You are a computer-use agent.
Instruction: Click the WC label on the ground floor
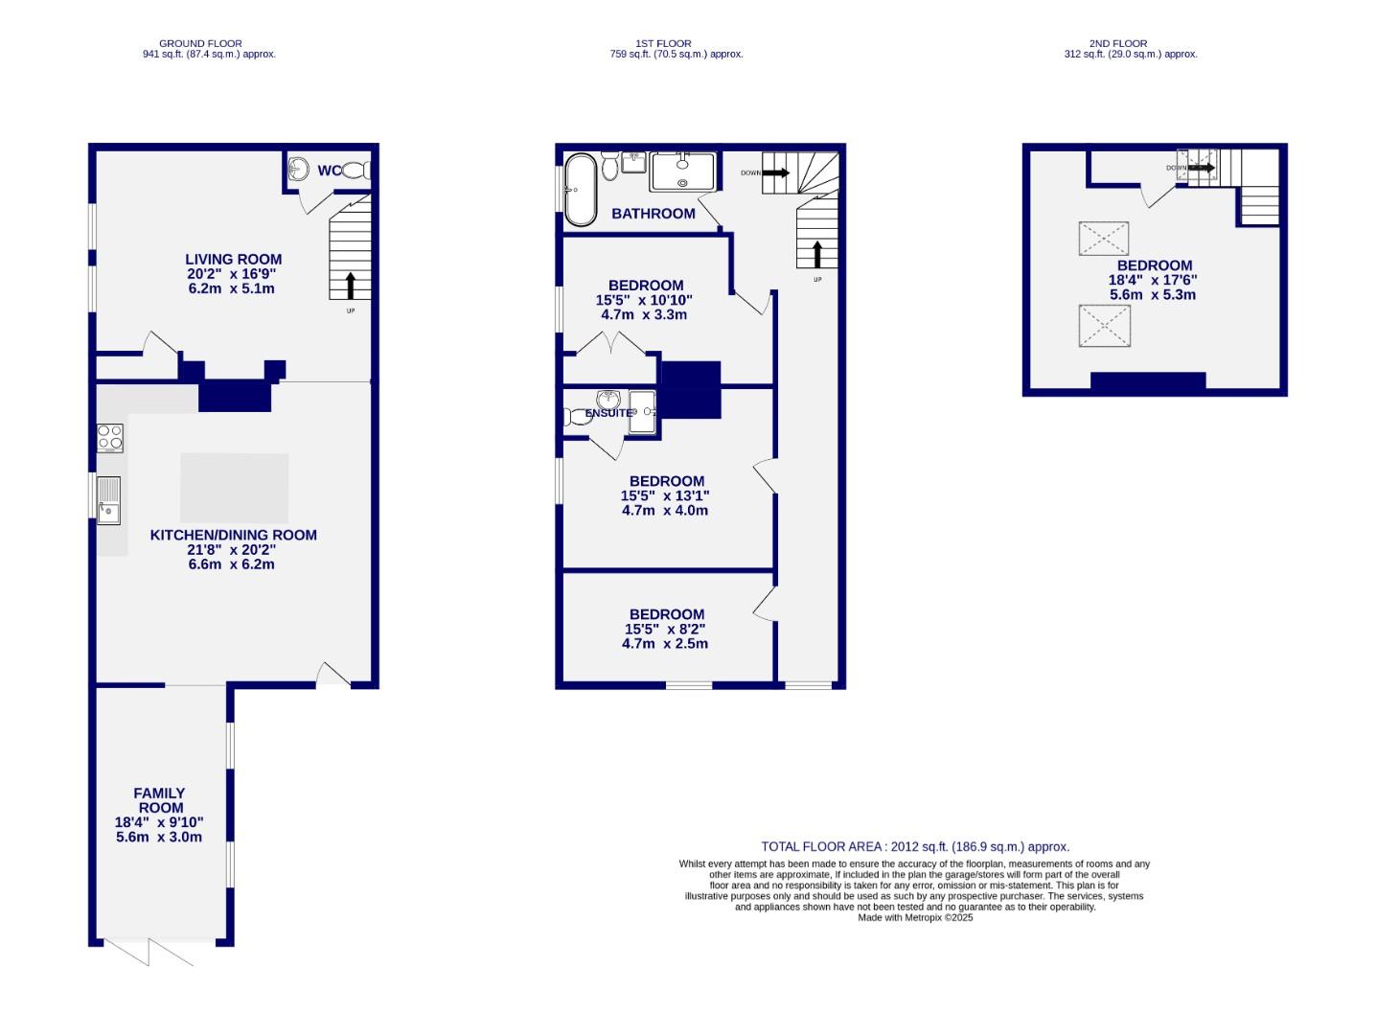click(329, 171)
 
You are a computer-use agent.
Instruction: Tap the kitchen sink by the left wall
click(108, 500)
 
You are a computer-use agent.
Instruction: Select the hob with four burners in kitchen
click(110, 438)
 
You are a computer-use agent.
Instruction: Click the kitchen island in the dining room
click(234, 488)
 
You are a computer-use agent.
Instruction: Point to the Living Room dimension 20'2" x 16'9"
click(233, 273)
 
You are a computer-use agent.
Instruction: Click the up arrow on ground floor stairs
click(350, 286)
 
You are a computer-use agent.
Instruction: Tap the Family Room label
click(159, 800)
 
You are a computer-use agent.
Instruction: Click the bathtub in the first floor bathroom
click(580, 190)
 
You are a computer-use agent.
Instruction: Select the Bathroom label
click(654, 214)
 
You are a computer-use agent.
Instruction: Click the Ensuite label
click(608, 413)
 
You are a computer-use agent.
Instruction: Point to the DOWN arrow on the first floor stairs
click(775, 173)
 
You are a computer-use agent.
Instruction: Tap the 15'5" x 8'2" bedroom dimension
click(666, 630)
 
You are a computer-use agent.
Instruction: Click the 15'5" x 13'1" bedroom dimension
click(666, 495)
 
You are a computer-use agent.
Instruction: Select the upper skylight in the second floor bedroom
click(1104, 239)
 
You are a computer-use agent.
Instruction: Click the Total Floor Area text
click(915, 846)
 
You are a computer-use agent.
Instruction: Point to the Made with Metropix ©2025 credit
click(915, 917)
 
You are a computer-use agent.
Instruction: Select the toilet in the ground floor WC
click(355, 171)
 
